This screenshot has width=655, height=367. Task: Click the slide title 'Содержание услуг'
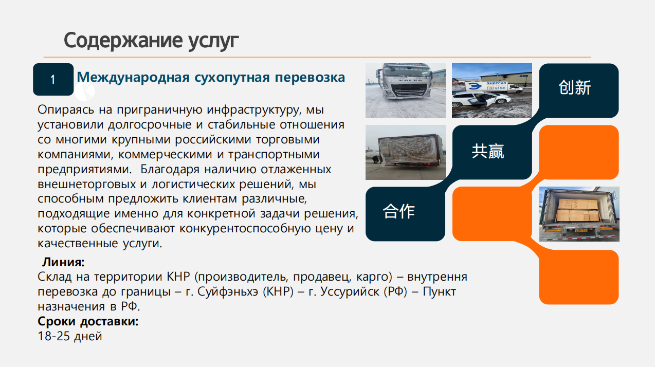(x=151, y=41)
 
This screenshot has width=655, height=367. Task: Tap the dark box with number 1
(x=53, y=79)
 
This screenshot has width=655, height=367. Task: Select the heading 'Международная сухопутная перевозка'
(x=211, y=77)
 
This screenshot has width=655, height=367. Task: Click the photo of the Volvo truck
(x=406, y=90)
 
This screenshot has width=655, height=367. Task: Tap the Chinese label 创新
(x=575, y=87)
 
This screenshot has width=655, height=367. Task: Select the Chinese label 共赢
(x=488, y=151)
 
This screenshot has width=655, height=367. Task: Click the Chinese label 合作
(x=399, y=211)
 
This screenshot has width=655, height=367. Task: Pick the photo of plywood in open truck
(x=579, y=214)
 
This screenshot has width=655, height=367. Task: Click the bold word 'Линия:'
(x=63, y=262)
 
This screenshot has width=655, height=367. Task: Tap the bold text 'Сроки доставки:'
(x=88, y=321)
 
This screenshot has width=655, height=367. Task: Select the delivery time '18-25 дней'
(x=70, y=336)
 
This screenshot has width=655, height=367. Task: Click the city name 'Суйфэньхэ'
(x=228, y=291)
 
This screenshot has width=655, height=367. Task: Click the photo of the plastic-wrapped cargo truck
(x=406, y=152)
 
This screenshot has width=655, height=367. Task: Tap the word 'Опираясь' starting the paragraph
(x=66, y=110)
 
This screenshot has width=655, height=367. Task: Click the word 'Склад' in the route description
(x=54, y=277)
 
